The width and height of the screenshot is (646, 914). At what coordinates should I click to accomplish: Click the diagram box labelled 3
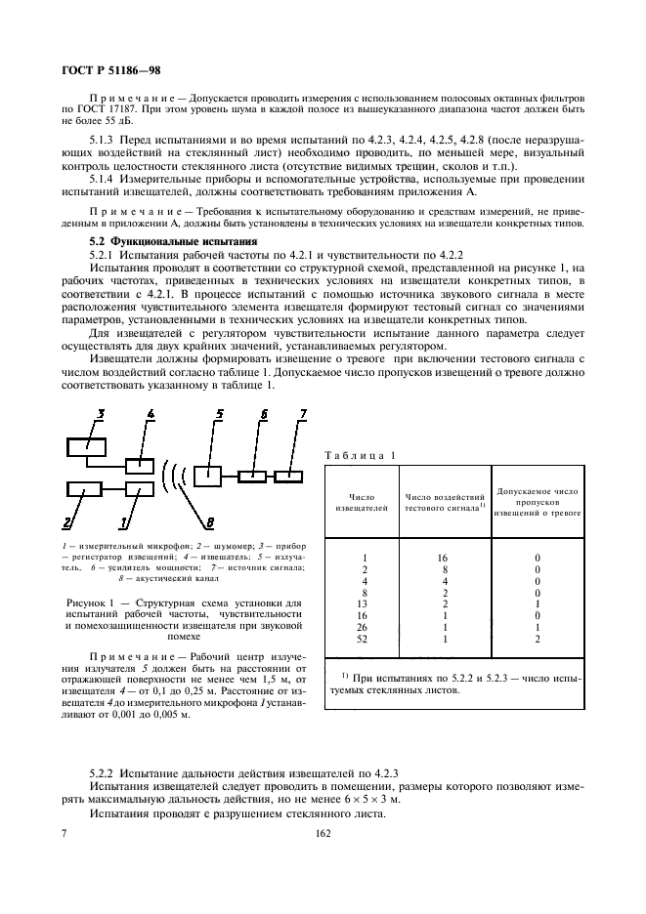click(x=87, y=446)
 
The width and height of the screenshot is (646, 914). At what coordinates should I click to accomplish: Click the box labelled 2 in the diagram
click(x=85, y=488)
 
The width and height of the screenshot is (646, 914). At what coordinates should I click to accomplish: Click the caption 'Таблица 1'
click(x=361, y=455)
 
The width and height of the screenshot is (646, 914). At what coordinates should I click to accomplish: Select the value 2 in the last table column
click(x=538, y=640)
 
